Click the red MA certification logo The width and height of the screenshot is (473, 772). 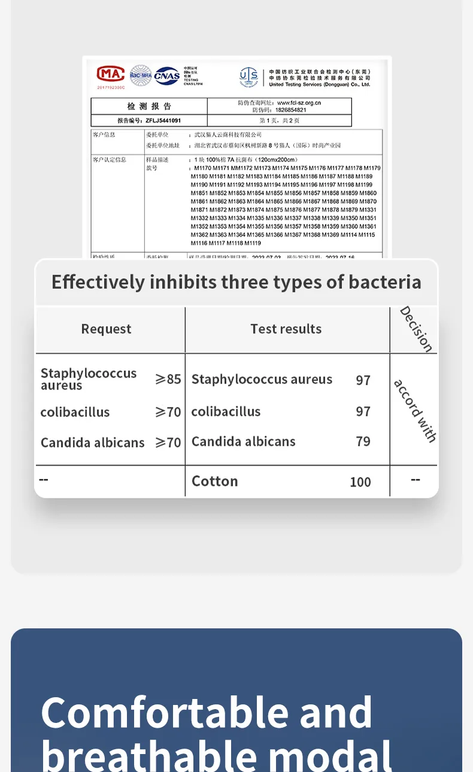pyautogui.click(x=111, y=74)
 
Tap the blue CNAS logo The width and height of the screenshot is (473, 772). pyautogui.click(x=167, y=75)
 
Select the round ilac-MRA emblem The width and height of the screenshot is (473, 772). pyautogui.click(x=141, y=75)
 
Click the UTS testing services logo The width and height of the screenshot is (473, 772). pyautogui.click(x=248, y=76)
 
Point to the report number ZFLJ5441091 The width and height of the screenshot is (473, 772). pyautogui.click(x=163, y=120)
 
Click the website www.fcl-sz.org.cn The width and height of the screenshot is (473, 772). pyautogui.click(x=299, y=103)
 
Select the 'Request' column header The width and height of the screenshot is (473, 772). pyautogui.click(x=106, y=329)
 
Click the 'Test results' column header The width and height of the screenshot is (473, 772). pyautogui.click(x=286, y=329)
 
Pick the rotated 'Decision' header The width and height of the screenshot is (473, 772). pyautogui.click(x=416, y=329)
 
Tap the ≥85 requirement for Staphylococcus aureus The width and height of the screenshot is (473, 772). pyautogui.click(x=168, y=379)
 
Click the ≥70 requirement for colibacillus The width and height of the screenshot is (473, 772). pyautogui.click(x=168, y=412)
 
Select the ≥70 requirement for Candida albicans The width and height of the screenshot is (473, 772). pyautogui.click(x=168, y=443)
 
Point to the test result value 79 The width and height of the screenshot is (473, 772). pyautogui.click(x=363, y=442)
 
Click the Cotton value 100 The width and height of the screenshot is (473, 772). pyautogui.click(x=360, y=482)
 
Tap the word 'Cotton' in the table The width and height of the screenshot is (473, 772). pyautogui.click(x=214, y=481)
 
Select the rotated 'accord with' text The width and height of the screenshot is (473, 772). pyautogui.click(x=415, y=411)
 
